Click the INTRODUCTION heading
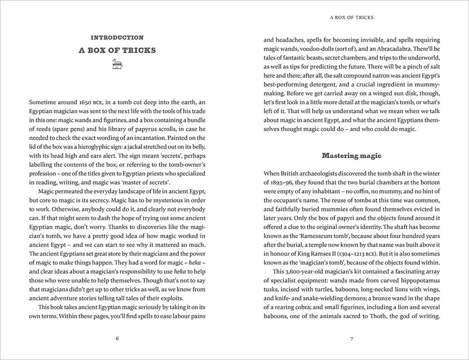tap(117, 38)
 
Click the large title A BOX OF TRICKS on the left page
tap(117, 51)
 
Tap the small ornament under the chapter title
tap(117, 65)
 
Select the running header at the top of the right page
tap(352, 17)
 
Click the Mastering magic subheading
tap(352, 155)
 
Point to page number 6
tap(117, 339)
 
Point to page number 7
tap(352, 339)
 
